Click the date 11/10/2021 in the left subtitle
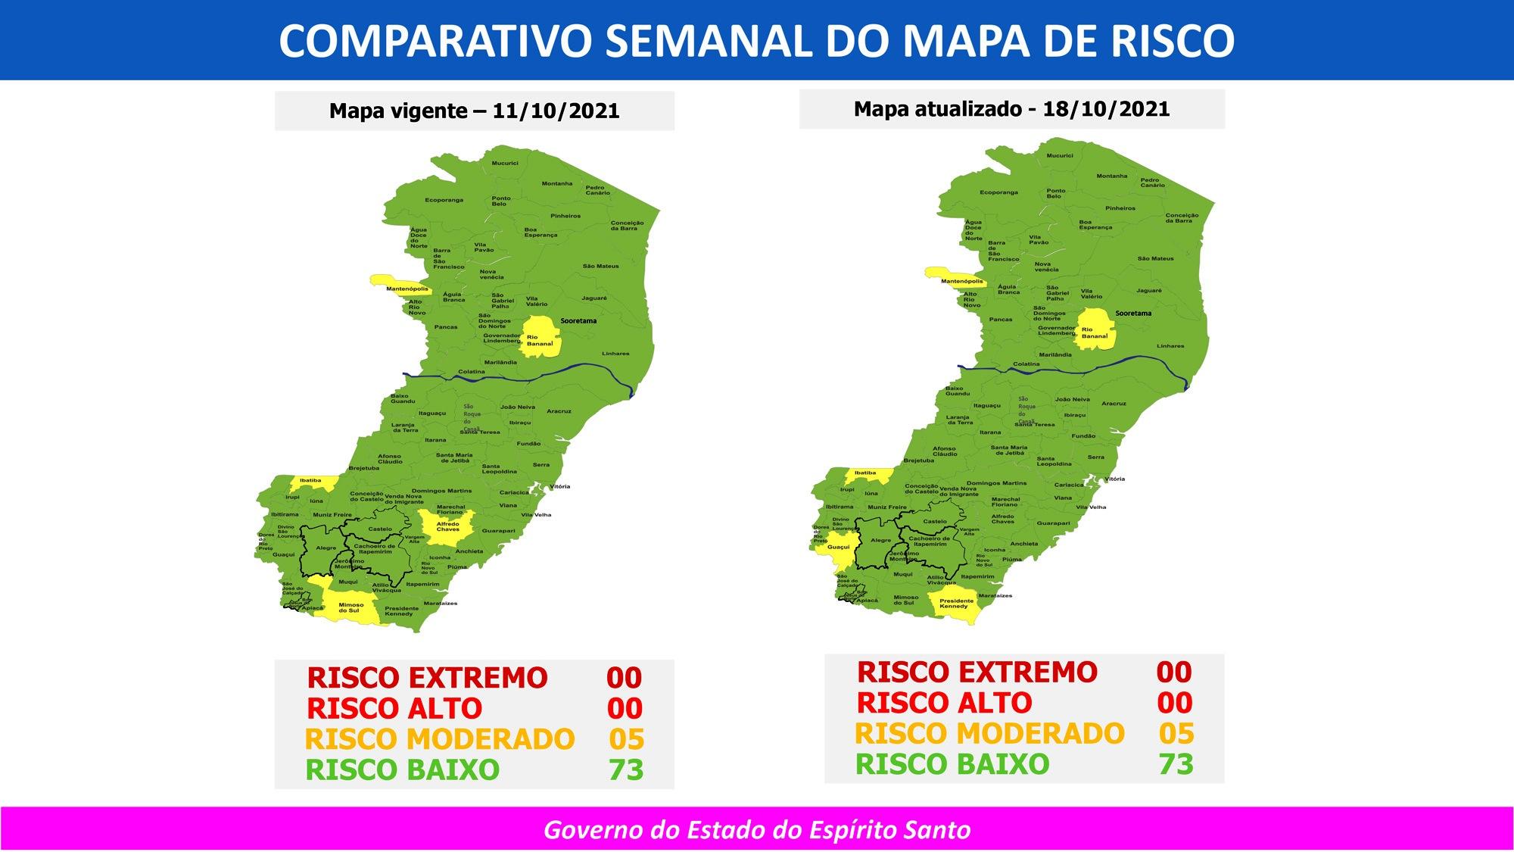(x=556, y=111)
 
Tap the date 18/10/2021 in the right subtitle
(x=1106, y=109)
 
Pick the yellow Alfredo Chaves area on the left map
(x=447, y=526)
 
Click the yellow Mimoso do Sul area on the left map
(x=350, y=606)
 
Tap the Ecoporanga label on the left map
(x=444, y=200)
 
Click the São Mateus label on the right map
(x=1155, y=259)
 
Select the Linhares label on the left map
(x=615, y=354)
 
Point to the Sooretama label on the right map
(x=1133, y=313)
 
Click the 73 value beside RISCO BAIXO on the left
(x=626, y=770)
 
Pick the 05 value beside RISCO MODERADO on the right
(x=1176, y=734)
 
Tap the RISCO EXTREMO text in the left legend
(x=427, y=678)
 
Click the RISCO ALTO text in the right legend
(x=944, y=704)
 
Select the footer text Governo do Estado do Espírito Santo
(x=757, y=830)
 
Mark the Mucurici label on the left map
(x=505, y=164)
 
